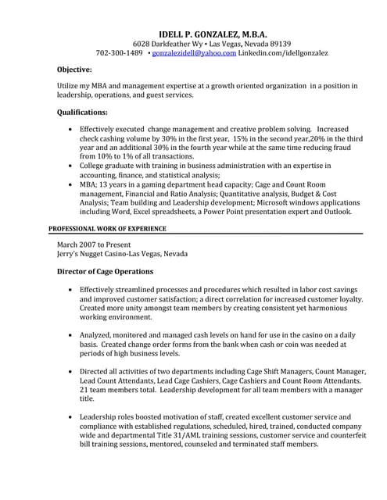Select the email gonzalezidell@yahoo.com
(194, 53)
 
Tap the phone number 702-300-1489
(119, 53)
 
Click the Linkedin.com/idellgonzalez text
(284, 53)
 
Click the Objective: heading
(75, 70)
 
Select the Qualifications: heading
(83, 112)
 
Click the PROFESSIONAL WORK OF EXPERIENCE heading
(107, 228)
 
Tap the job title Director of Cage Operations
(106, 272)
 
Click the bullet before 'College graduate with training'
(72, 166)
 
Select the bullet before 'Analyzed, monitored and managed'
(72, 334)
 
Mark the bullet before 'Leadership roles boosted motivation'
(72, 416)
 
